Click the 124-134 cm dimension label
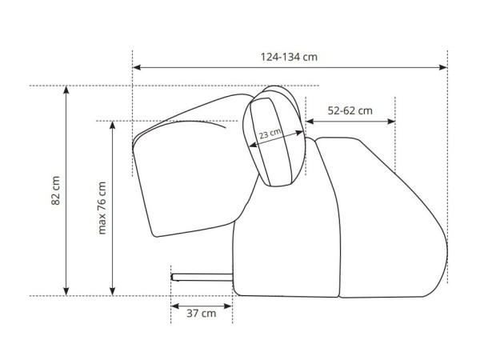point(289,57)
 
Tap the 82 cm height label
point(55,190)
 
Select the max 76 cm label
point(102,208)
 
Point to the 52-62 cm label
point(350,110)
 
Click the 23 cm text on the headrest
point(270,134)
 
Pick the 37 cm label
point(201,314)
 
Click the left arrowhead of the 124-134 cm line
point(137,67)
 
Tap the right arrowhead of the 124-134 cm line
point(443,67)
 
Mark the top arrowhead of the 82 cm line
point(66,90)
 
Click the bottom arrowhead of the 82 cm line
point(66,292)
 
